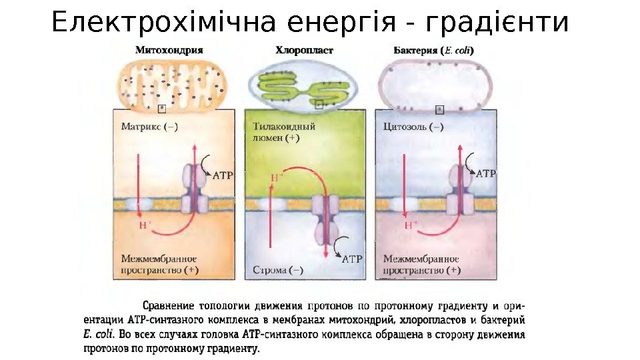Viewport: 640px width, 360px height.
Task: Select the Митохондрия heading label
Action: [x=169, y=49]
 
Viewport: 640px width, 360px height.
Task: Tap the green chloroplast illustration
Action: [x=302, y=87]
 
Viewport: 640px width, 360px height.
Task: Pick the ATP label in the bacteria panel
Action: [x=486, y=173]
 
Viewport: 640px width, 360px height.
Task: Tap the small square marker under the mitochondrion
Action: [x=161, y=108]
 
